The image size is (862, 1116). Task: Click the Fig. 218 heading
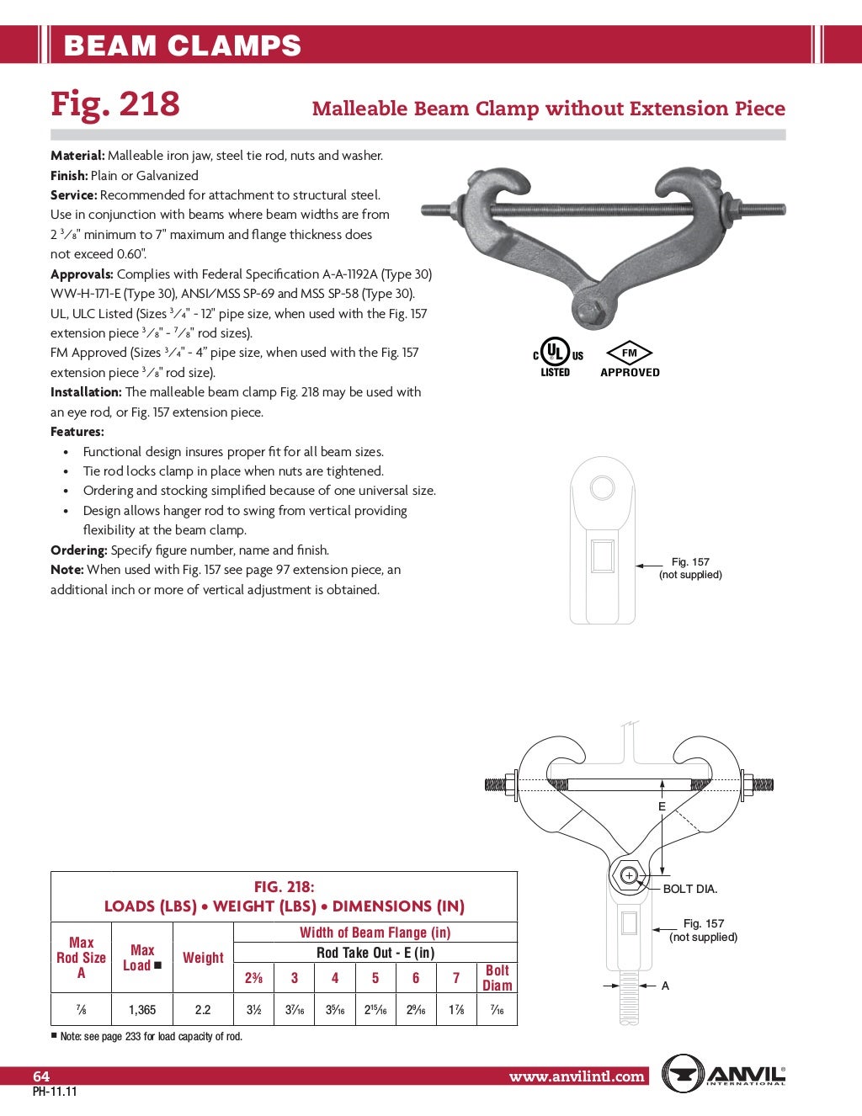tap(115, 104)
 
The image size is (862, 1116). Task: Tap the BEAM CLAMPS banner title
tap(183, 45)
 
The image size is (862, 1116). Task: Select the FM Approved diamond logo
tap(630, 359)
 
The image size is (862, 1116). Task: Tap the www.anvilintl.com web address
tap(577, 1076)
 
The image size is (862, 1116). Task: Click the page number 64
tap(41, 1076)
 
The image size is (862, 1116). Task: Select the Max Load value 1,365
tap(142, 1009)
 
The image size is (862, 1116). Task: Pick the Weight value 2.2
tap(203, 1009)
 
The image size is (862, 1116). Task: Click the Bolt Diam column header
tap(497, 977)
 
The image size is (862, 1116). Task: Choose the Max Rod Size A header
tap(82, 957)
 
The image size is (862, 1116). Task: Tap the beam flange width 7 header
tap(456, 977)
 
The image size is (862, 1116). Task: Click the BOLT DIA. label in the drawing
tap(689, 889)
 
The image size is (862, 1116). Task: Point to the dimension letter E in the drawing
tap(662, 806)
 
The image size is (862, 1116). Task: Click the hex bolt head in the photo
tap(588, 308)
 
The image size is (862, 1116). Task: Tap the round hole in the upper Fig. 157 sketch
tap(602, 487)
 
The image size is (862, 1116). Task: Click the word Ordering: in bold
tap(79, 550)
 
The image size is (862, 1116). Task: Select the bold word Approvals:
tap(82, 274)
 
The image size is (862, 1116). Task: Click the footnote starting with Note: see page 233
tap(147, 1036)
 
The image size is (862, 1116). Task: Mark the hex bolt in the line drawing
tap(628, 875)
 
